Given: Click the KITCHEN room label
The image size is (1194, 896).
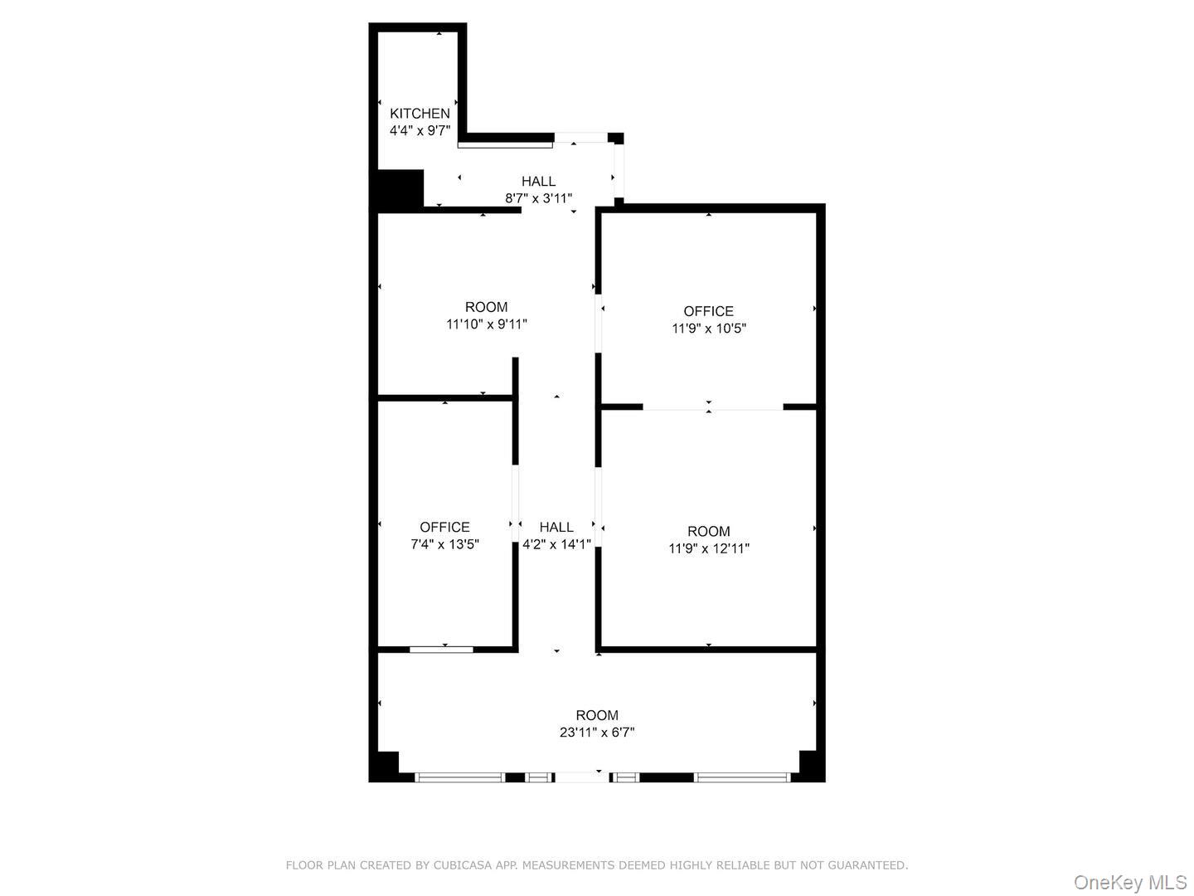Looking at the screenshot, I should click(420, 114).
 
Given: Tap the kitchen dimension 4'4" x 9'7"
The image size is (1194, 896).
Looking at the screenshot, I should click(420, 130).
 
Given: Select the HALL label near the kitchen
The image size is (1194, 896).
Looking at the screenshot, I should click(538, 182).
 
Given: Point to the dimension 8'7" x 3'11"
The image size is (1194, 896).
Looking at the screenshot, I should click(538, 198).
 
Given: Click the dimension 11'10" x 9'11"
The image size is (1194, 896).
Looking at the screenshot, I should click(486, 324).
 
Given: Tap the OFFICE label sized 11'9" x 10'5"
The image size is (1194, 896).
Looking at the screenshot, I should click(708, 311).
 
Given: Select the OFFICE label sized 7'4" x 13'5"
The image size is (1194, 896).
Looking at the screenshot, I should click(444, 528).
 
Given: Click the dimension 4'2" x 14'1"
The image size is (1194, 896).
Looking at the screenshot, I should click(556, 544).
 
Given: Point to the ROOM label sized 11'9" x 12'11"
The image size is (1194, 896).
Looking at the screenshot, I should click(708, 532).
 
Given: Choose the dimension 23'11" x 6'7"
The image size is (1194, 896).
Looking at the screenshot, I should click(597, 733).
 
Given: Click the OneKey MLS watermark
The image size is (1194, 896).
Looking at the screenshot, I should click(1130, 881).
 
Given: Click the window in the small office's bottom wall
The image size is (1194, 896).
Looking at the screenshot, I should click(441, 649).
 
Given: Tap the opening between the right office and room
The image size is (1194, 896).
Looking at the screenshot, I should click(712, 407).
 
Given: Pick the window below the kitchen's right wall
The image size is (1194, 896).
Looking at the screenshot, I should click(505, 145).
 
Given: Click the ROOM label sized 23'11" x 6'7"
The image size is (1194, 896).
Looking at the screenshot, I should click(597, 715).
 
